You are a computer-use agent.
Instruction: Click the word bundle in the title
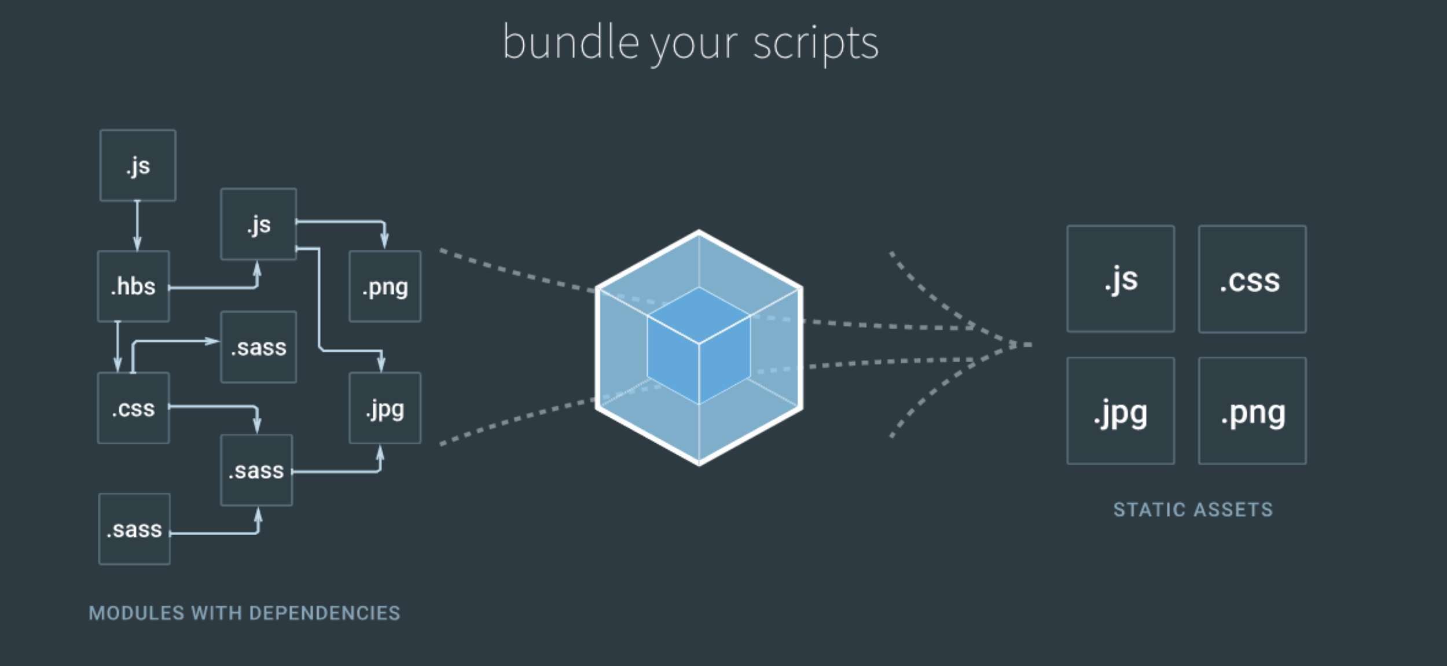570,43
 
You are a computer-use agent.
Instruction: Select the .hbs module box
134,286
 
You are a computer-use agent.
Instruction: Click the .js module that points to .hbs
138,165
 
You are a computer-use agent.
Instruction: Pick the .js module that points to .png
259,224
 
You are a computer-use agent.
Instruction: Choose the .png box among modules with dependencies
385,286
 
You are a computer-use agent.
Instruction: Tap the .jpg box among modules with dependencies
385,408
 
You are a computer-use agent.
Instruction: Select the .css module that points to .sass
134,408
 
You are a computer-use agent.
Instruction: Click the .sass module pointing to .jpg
256,470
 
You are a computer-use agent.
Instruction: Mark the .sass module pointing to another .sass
134,529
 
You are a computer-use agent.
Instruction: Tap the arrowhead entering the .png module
384,240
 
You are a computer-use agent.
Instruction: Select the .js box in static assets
1121,279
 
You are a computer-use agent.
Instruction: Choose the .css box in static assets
1252,279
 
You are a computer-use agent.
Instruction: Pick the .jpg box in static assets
1121,411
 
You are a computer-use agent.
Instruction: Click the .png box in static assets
1252,411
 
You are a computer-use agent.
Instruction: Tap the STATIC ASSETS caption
1193,510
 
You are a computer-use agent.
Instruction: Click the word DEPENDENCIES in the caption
325,613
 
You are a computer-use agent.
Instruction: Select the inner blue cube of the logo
699,345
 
